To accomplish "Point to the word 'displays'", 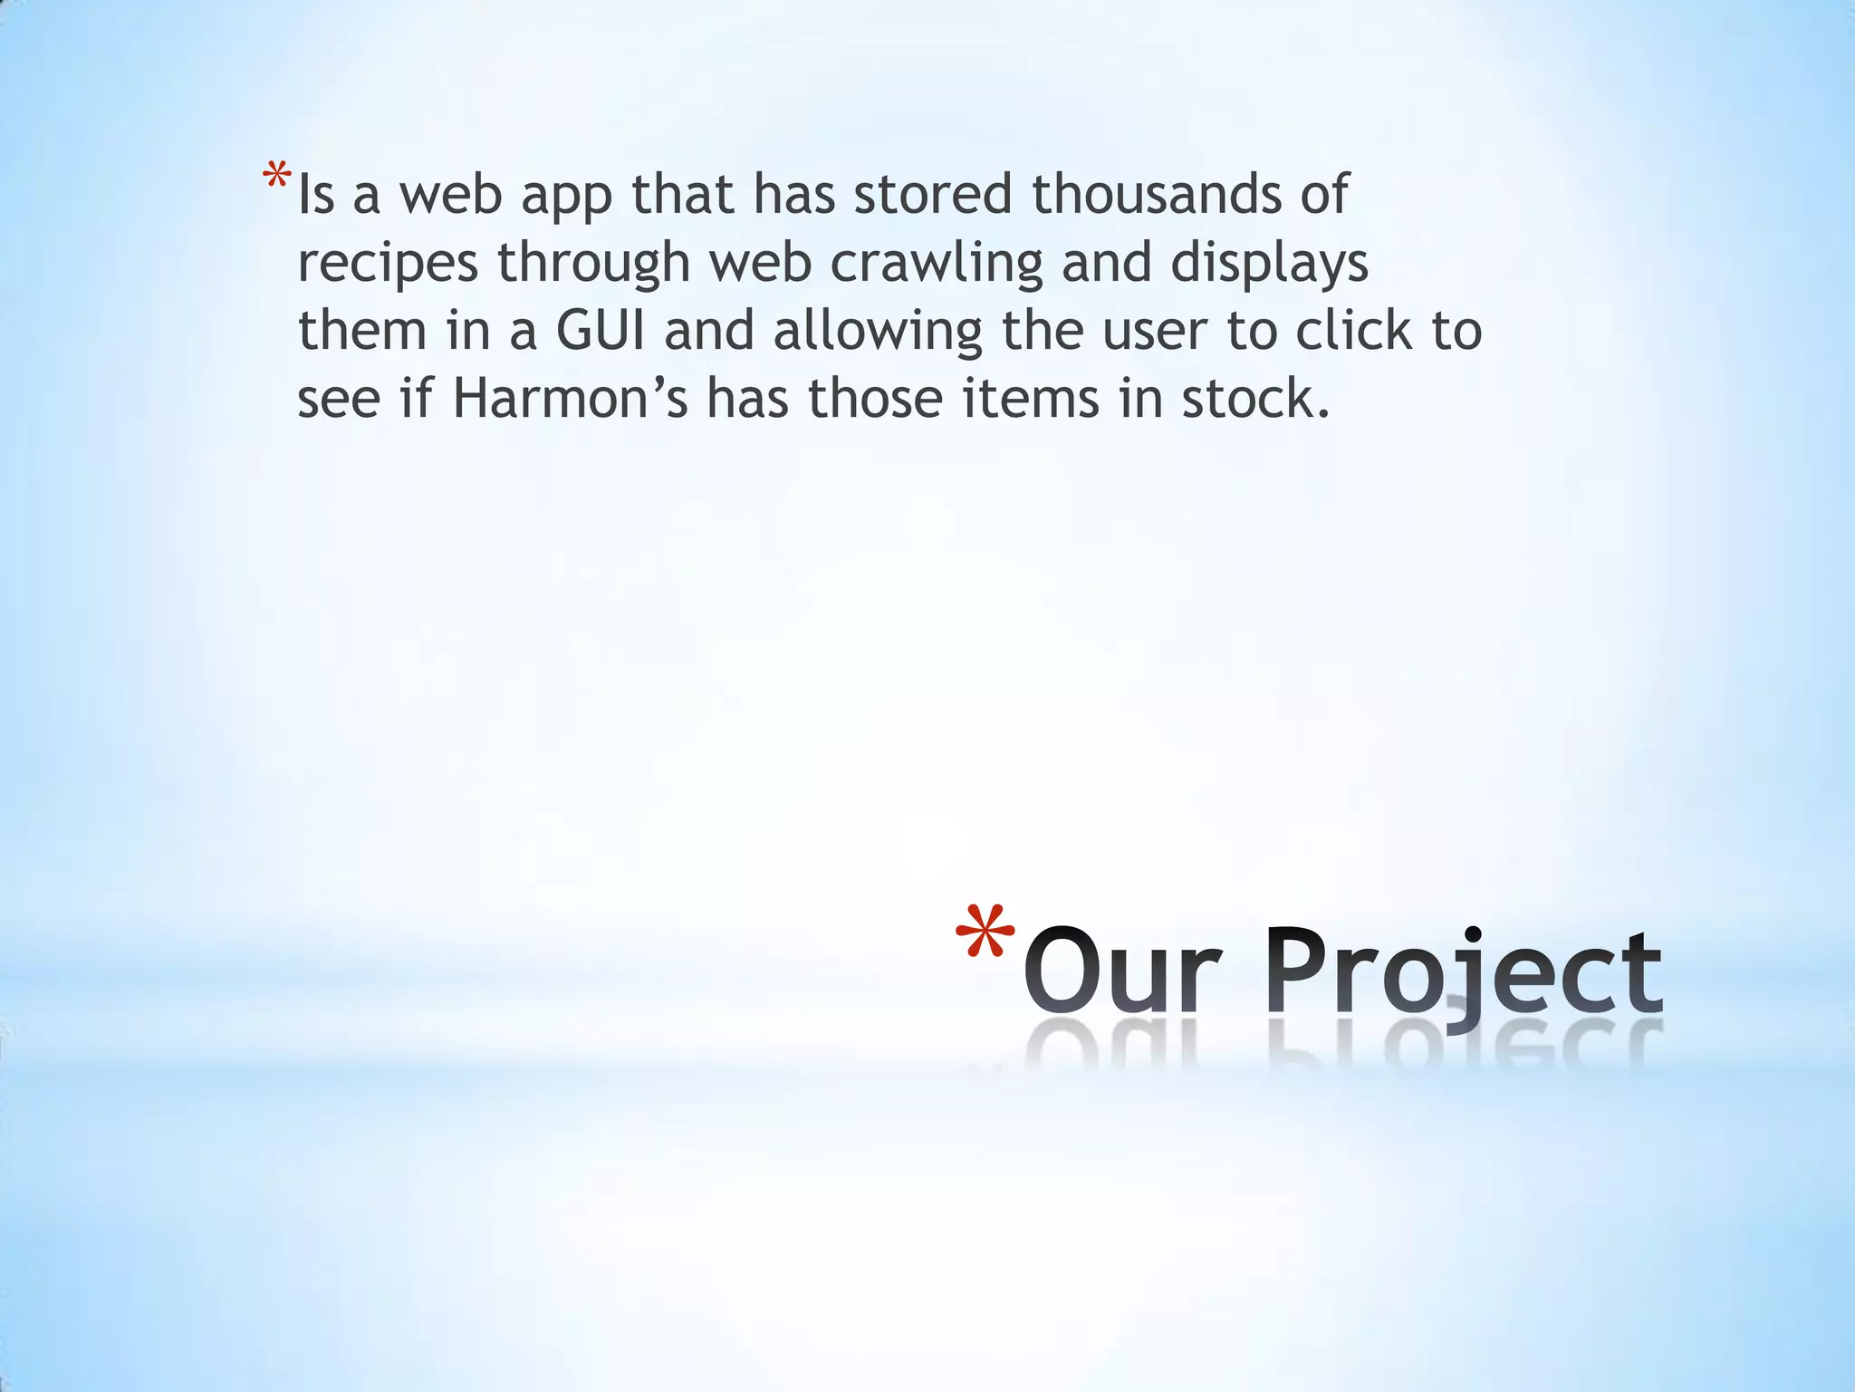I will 1269,263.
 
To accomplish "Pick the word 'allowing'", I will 877,331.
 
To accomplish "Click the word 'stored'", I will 932,194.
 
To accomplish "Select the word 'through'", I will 593,263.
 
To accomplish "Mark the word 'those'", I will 875,399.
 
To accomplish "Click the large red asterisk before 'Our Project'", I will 985,933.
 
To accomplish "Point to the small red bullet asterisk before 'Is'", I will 277,176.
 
